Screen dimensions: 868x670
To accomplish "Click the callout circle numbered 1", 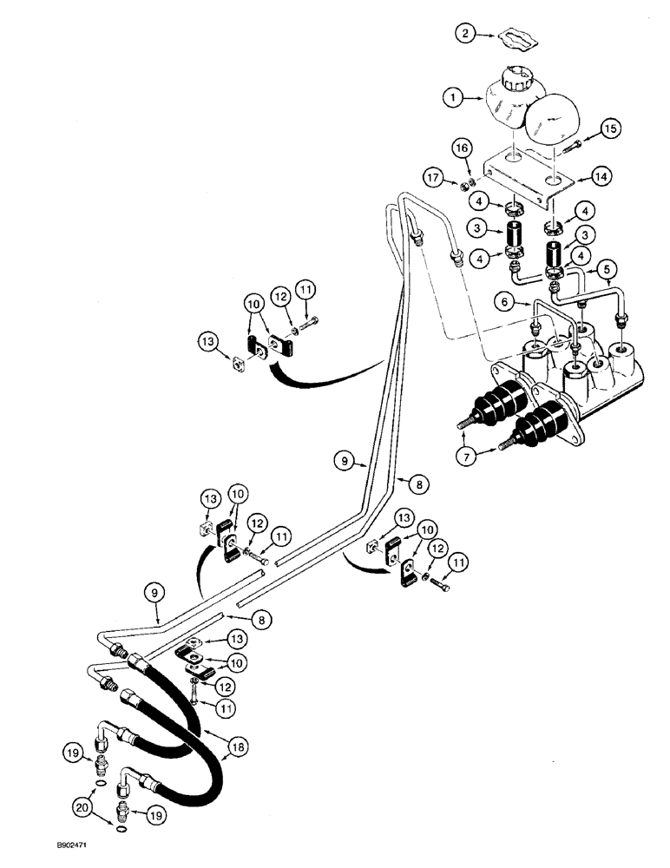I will pyautogui.click(x=451, y=99).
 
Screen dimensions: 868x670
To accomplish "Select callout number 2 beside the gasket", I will pyautogui.click(x=466, y=34).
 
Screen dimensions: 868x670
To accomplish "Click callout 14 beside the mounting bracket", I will pyautogui.click(x=598, y=174).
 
